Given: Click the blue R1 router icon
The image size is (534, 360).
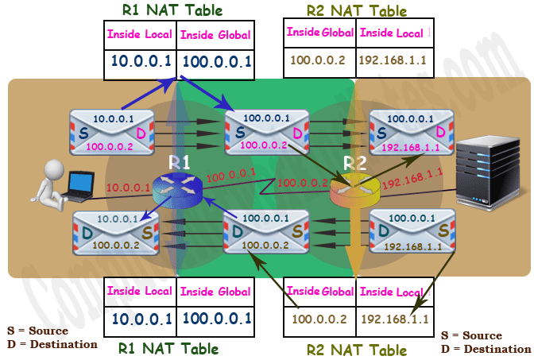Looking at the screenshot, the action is [x=177, y=191].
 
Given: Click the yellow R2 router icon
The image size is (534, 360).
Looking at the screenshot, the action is [x=355, y=191].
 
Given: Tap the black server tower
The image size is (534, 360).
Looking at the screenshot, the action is [x=488, y=172].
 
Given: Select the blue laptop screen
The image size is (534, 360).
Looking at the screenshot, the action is [x=81, y=183].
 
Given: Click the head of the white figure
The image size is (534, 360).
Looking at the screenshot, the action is [x=54, y=169].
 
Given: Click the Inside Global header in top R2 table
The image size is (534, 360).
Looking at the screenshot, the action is [x=319, y=33].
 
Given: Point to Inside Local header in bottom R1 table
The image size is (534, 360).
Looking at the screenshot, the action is [x=140, y=291].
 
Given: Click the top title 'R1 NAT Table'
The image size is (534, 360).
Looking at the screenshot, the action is [x=172, y=10].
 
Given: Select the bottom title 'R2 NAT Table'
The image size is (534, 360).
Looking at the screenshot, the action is [x=357, y=350].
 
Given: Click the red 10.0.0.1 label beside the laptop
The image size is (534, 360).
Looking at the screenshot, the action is [x=129, y=188].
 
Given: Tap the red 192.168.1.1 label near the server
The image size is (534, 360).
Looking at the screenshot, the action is [x=412, y=179].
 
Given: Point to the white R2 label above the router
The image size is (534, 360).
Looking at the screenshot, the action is [x=354, y=163].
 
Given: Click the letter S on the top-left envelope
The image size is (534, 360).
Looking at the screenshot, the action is [x=83, y=134].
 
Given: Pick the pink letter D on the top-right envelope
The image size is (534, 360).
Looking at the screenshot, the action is [x=440, y=132].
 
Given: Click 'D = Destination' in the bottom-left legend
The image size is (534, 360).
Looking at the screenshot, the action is [x=52, y=344].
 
